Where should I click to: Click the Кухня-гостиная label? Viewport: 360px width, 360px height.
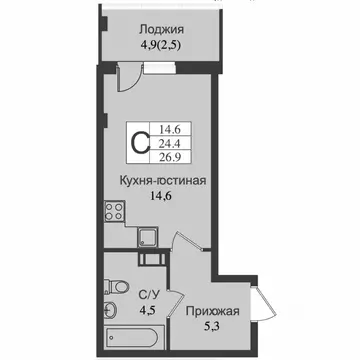[x=162, y=181]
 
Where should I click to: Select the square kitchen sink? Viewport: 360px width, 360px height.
[x=147, y=236]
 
